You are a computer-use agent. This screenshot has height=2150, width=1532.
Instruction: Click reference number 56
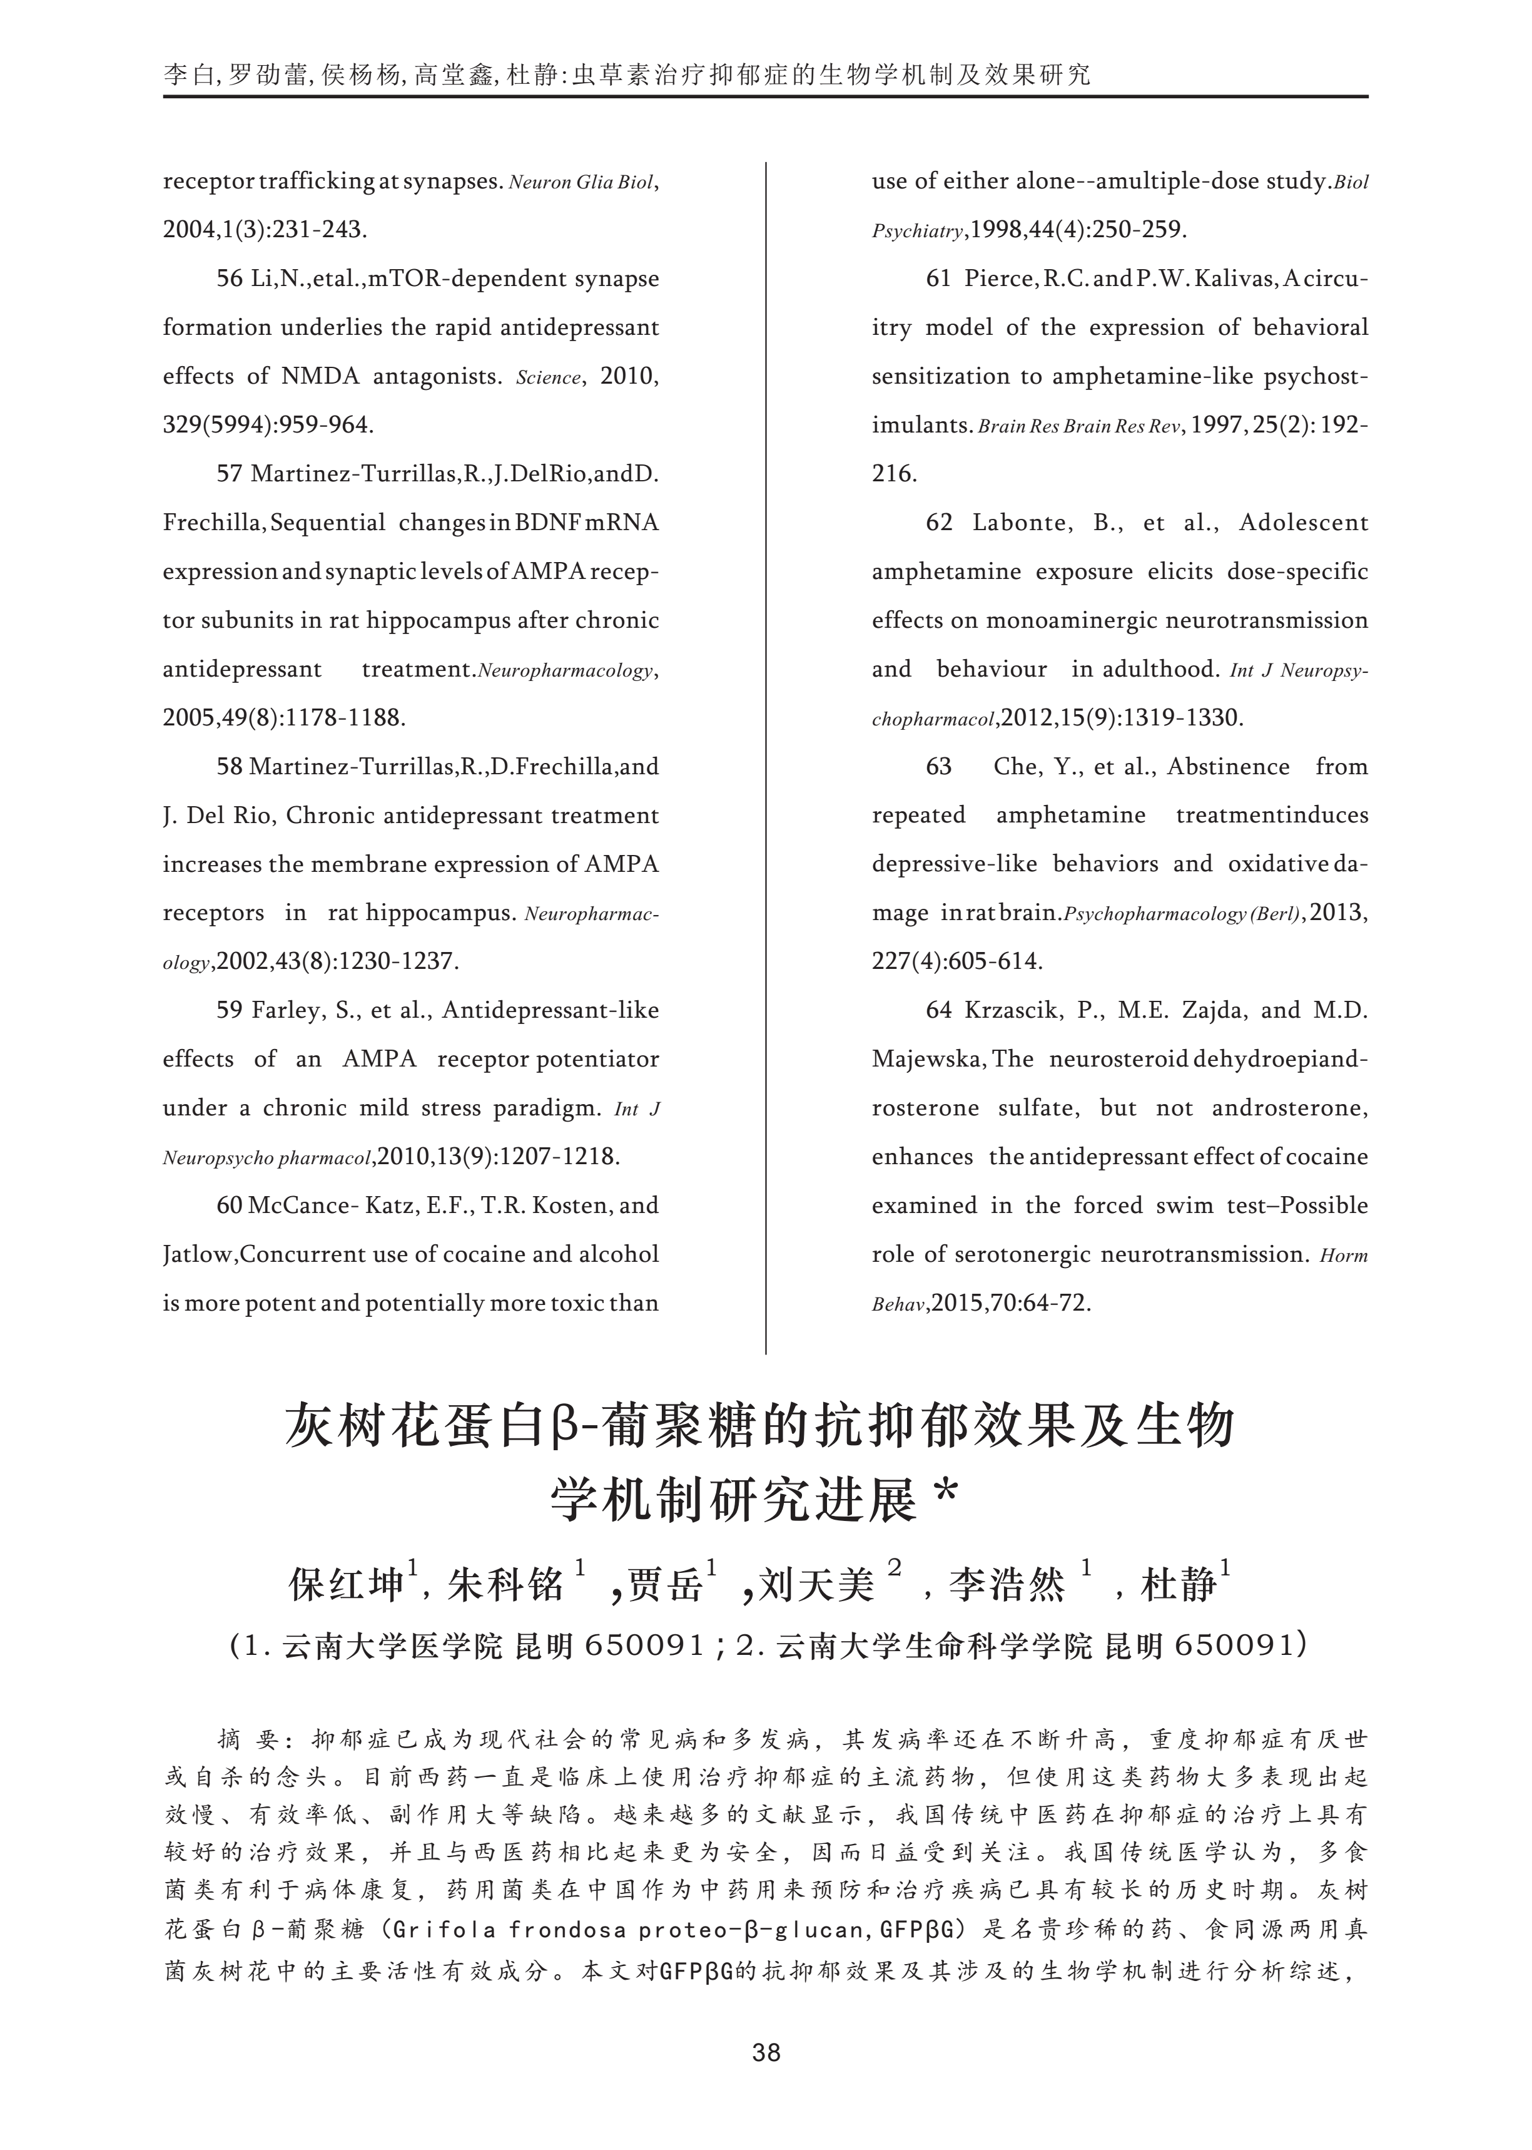[x=229, y=279]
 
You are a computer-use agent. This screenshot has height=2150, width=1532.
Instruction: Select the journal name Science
[x=548, y=377]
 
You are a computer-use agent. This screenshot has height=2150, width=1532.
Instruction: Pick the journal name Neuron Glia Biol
[x=580, y=182]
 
